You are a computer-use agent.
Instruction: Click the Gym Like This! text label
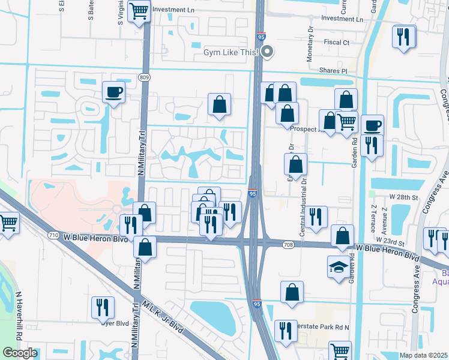[x=231, y=52]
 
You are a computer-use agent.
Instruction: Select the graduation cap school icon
[x=337, y=266]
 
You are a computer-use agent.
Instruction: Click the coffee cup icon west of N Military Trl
[x=114, y=93]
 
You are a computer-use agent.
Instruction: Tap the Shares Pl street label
[x=333, y=71]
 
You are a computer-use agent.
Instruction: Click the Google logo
[x=20, y=353]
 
